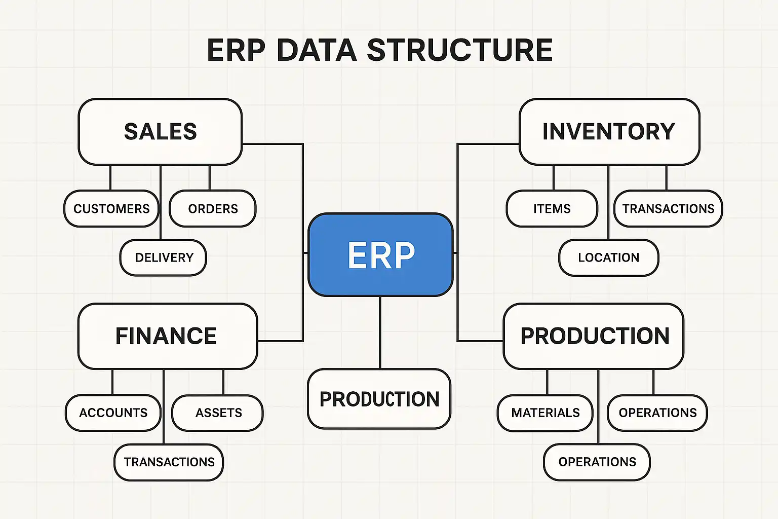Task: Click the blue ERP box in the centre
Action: point(380,254)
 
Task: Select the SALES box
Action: point(160,132)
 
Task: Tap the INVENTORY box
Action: point(609,132)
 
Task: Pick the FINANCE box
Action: point(167,336)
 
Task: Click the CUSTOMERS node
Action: point(111,209)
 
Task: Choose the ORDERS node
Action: point(213,209)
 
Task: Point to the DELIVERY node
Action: point(164,257)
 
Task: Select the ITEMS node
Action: point(552,209)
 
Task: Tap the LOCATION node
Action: point(608,257)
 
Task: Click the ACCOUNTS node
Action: point(113,413)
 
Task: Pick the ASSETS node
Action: point(218,413)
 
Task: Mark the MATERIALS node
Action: point(545,413)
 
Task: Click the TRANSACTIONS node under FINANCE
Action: point(169,462)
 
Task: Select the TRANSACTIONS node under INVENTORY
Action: point(668,209)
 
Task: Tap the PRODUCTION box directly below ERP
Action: point(379,399)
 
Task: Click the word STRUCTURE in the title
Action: point(459,50)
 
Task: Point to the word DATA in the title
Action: point(317,50)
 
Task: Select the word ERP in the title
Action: point(236,50)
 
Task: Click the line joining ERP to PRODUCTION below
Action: point(380,332)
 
